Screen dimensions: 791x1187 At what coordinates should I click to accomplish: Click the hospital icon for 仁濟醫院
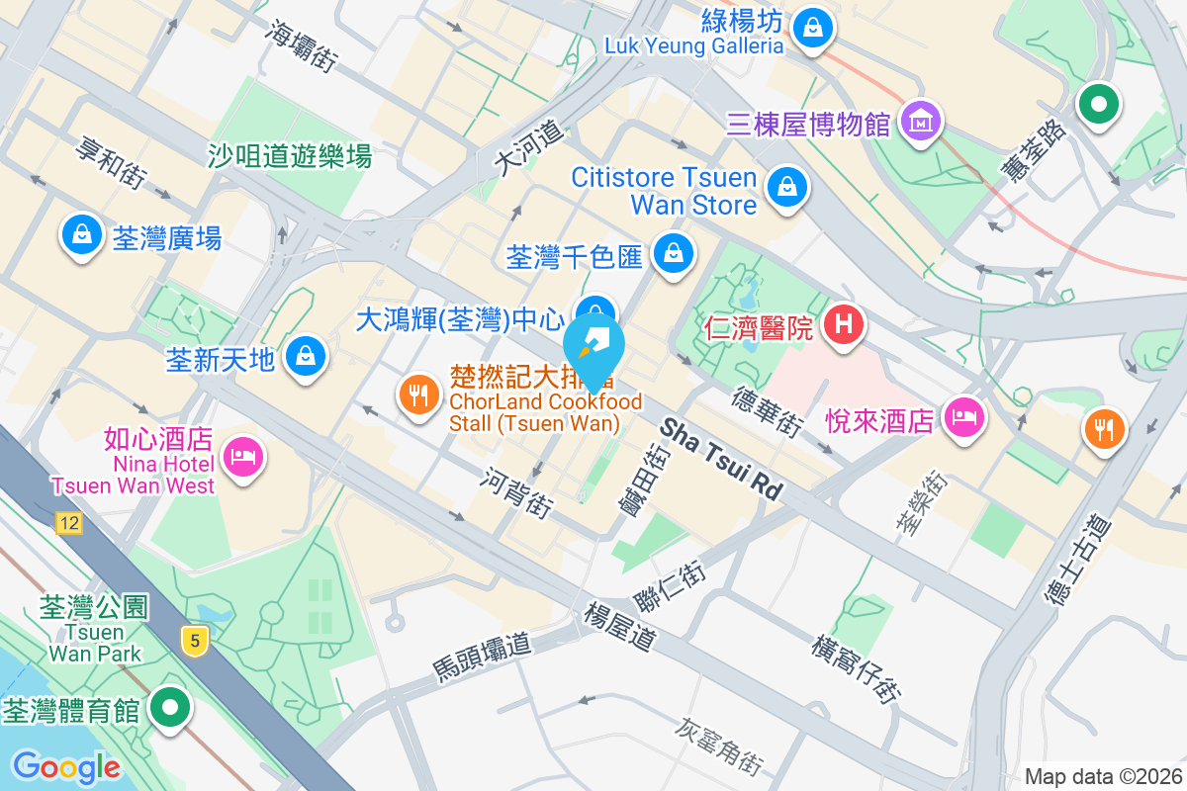pos(844,323)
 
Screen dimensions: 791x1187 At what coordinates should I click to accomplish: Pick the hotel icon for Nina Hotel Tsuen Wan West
pos(242,456)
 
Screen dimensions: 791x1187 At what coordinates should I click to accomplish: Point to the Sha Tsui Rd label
pos(721,459)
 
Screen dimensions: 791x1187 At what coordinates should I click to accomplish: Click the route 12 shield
pos(67,524)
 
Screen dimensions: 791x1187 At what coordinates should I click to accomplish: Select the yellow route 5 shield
pos(196,641)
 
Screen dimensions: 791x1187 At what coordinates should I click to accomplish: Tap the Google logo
pos(66,766)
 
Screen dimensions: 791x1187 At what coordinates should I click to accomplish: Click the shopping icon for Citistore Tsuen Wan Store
pos(787,184)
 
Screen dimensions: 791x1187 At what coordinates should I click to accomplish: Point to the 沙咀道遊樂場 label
pos(290,155)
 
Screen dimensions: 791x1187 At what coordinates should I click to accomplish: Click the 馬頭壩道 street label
pos(483,658)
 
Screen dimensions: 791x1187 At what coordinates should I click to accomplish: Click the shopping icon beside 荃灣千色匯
pos(673,253)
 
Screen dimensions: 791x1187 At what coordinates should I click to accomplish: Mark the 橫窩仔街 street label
pos(856,668)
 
